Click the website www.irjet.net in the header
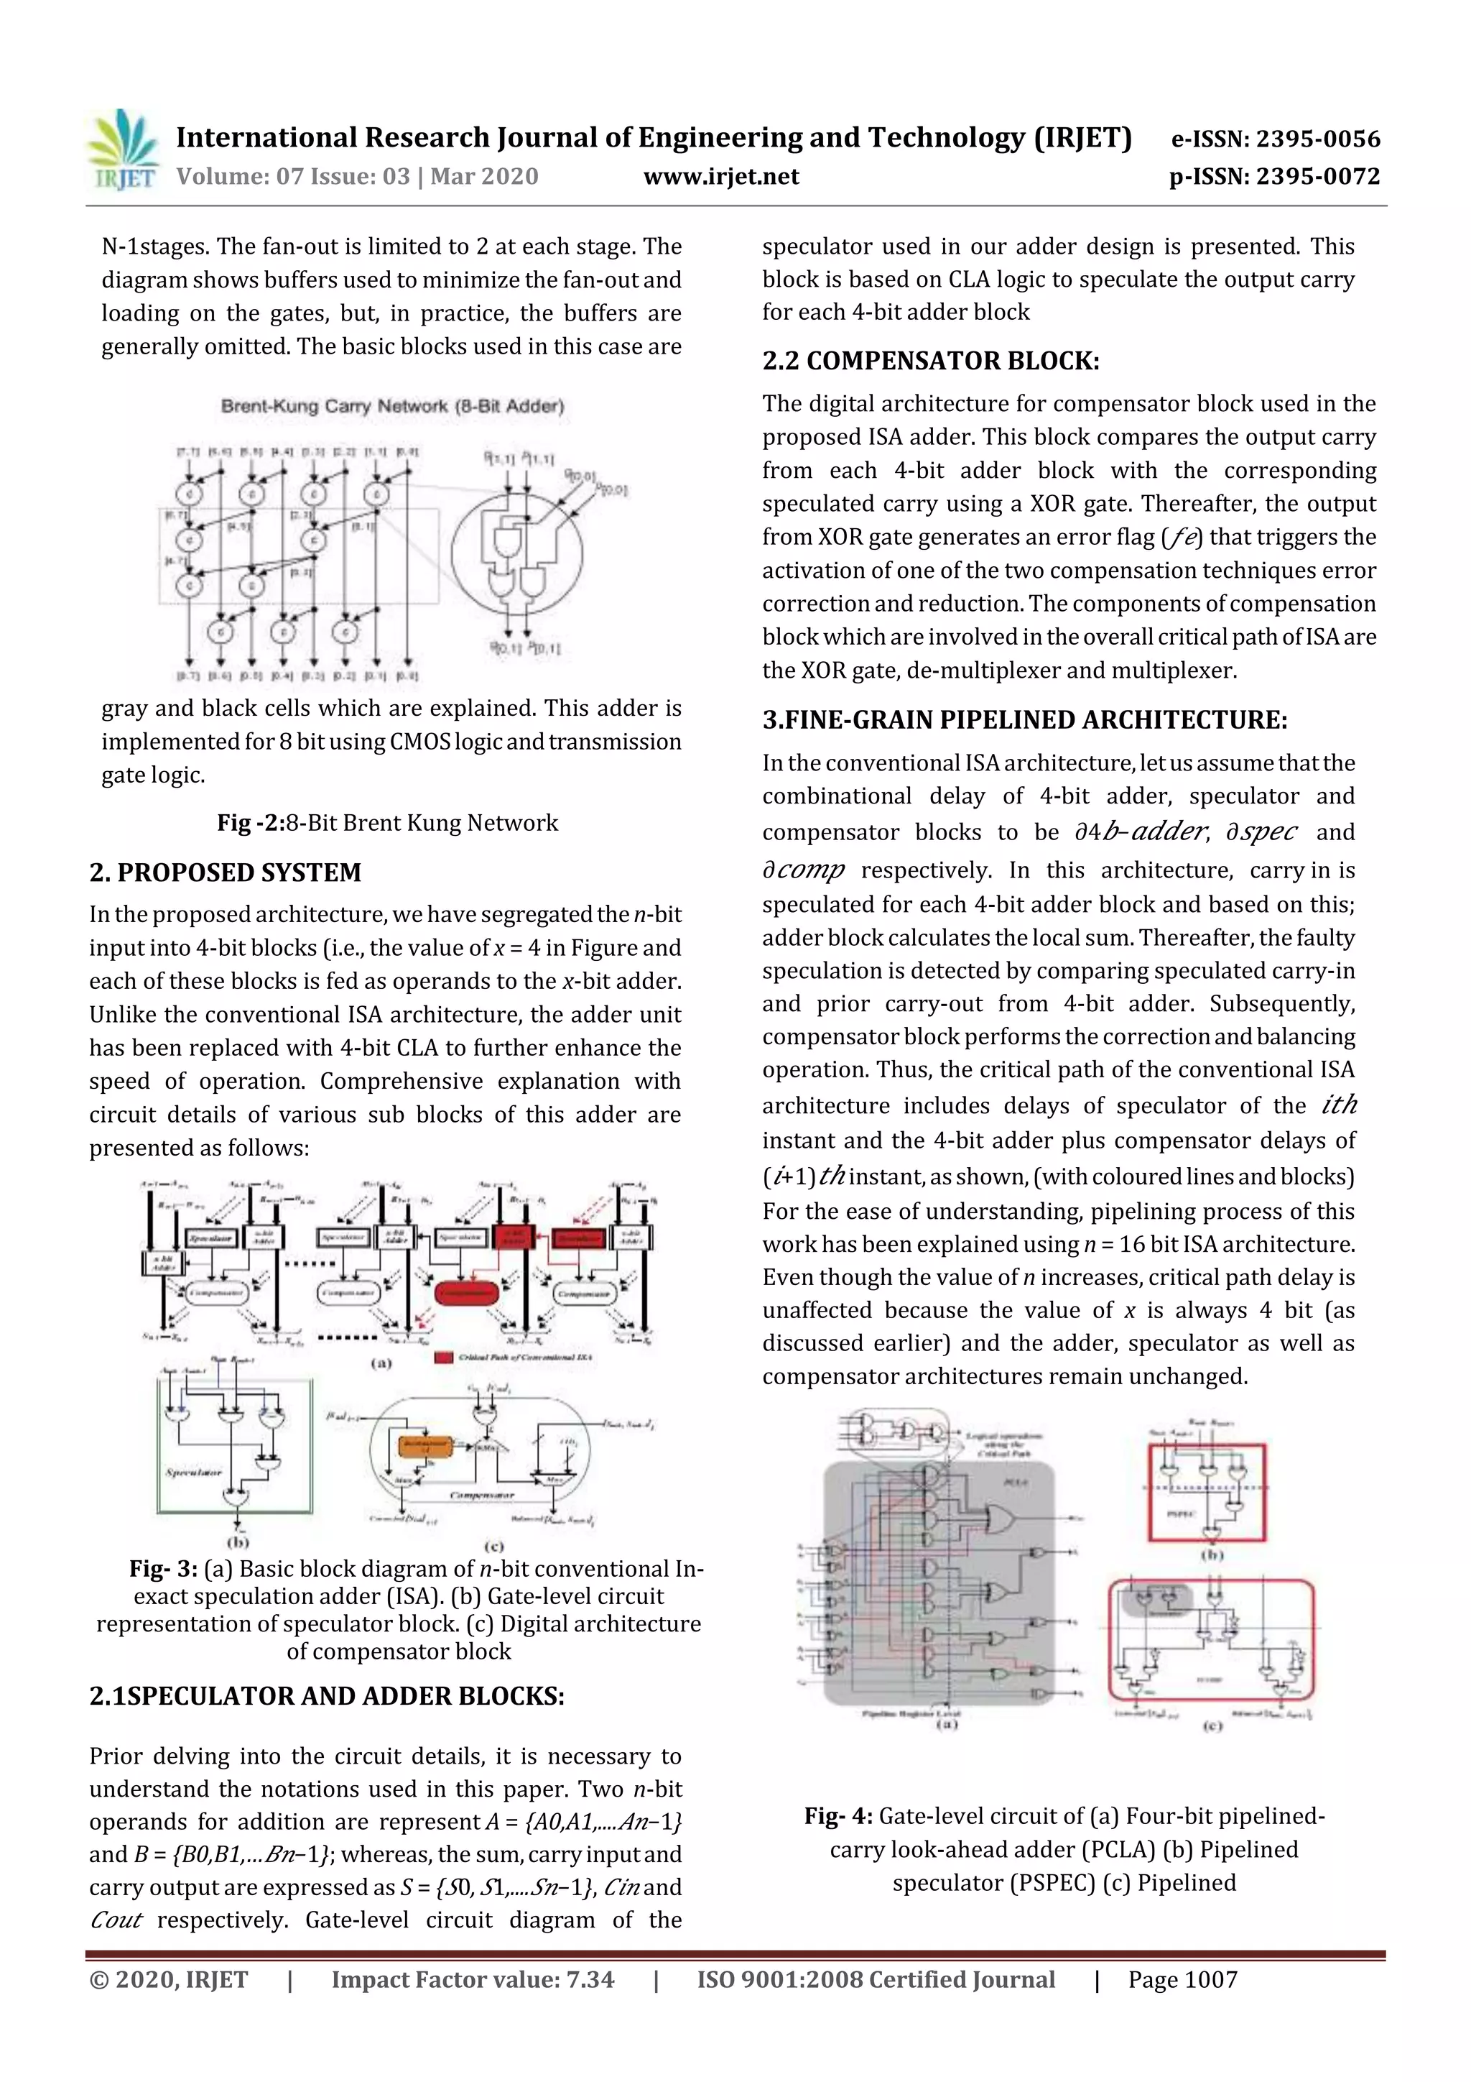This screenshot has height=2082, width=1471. point(720,177)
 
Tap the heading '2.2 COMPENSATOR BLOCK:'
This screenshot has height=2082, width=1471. point(930,361)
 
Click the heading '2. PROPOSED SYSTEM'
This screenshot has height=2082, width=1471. point(225,872)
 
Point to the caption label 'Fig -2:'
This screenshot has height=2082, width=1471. point(250,822)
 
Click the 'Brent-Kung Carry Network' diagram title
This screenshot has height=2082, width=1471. point(391,406)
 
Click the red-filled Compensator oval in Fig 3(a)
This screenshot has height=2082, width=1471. point(467,1293)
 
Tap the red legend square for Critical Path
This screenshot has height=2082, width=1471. point(444,1357)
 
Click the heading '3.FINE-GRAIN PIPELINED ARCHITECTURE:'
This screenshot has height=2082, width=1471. point(1024,720)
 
